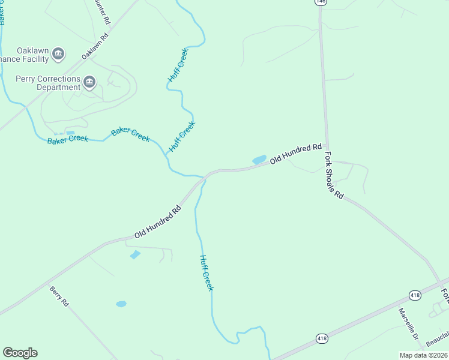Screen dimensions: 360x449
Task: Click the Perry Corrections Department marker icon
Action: coord(89,82)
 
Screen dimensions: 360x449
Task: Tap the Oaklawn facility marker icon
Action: coord(58,55)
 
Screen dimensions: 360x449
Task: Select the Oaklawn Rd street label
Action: coord(95,45)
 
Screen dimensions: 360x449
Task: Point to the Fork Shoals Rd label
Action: coord(334,175)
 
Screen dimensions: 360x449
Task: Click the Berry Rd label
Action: coord(59,296)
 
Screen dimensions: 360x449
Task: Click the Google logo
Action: coord(20,353)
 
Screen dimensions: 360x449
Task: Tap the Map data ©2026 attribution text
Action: coord(423,355)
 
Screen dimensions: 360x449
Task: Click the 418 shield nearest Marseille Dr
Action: coord(415,295)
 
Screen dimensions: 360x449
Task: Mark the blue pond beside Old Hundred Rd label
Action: coord(259,160)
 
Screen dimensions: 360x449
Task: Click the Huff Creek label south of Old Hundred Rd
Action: coord(206,273)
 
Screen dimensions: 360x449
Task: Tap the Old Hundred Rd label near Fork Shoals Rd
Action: coord(296,154)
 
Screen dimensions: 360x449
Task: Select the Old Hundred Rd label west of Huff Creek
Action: coord(158,223)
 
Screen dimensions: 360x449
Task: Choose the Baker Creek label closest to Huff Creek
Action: coord(130,134)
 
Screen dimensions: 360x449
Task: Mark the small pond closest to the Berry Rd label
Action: coord(121,304)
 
